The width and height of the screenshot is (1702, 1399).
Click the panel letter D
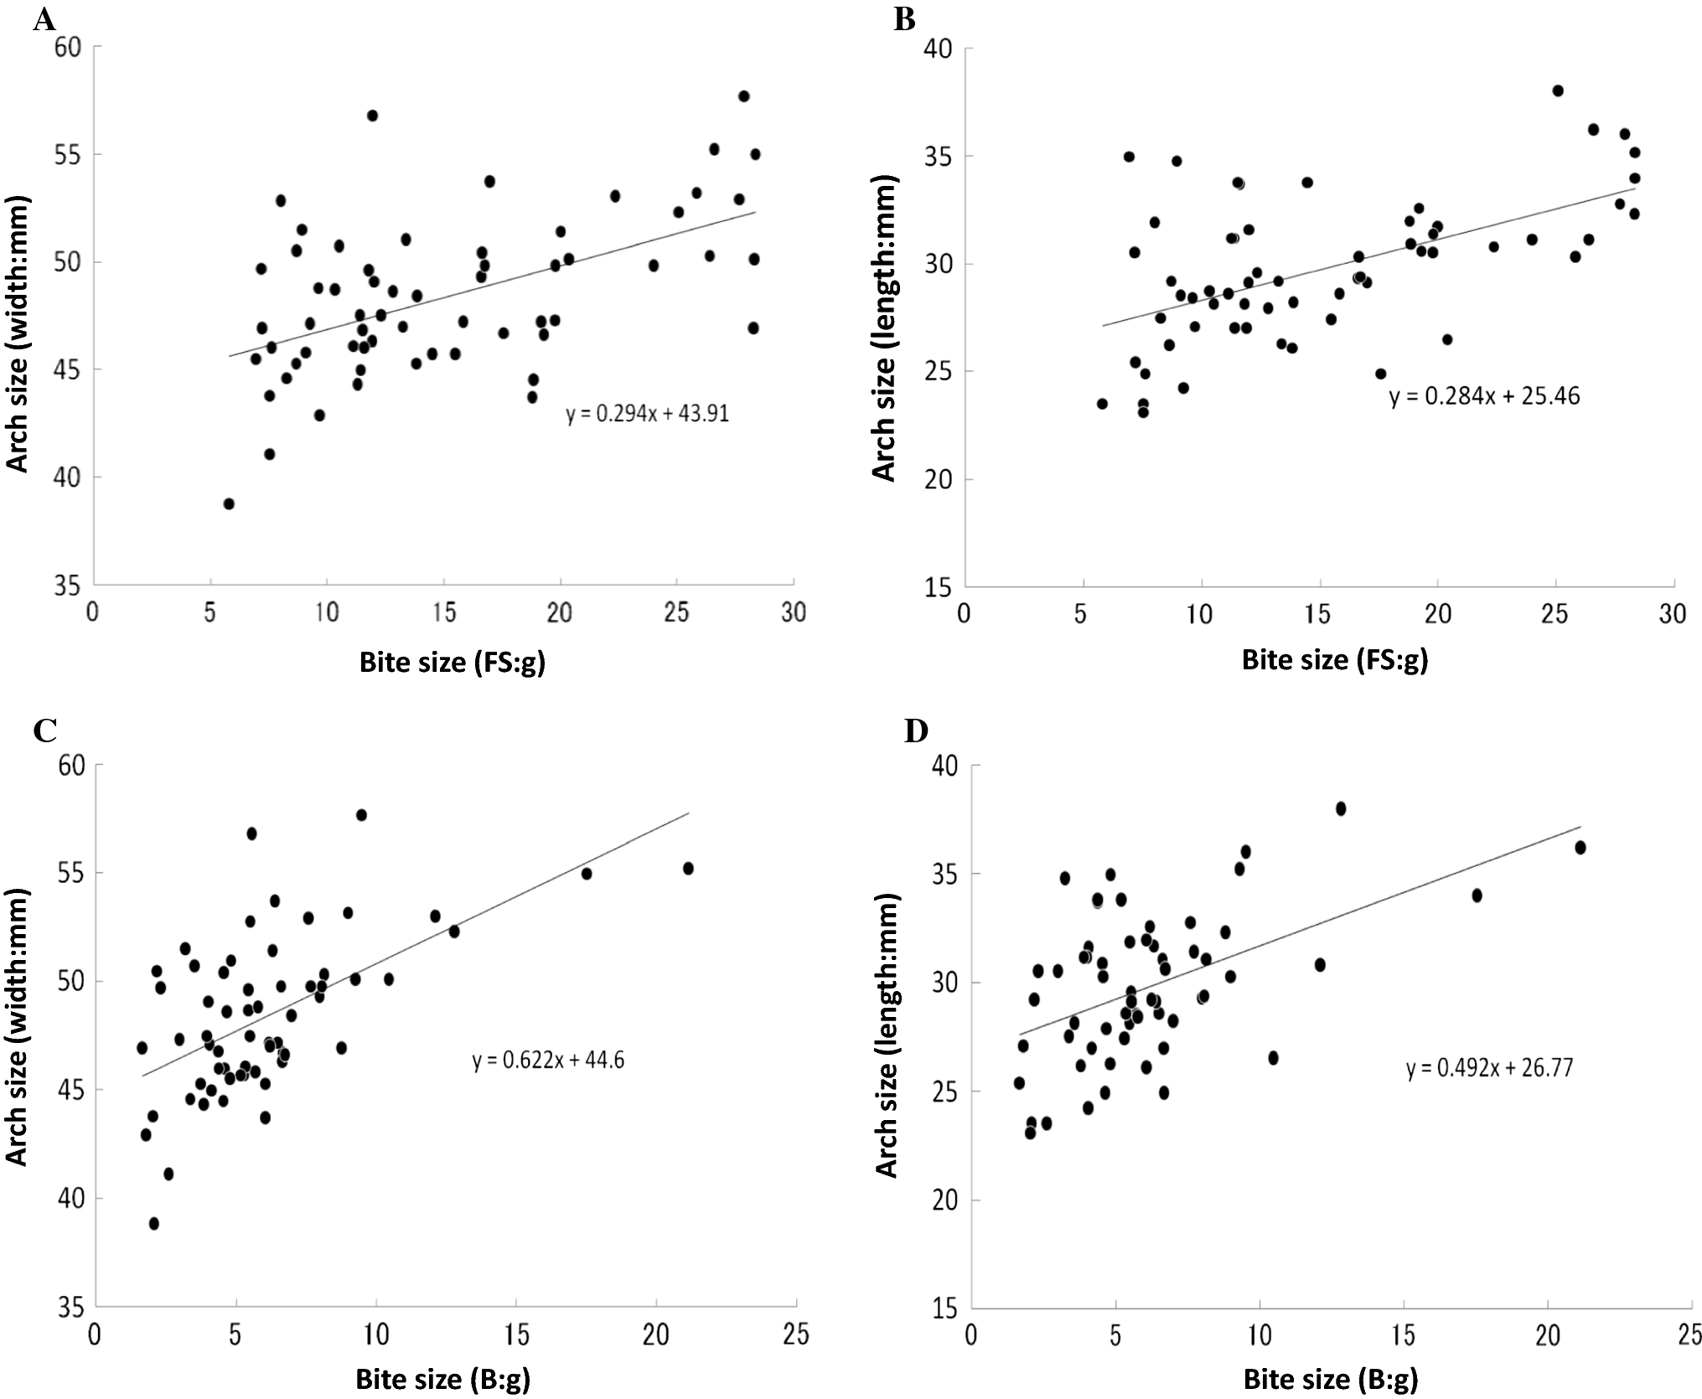917,731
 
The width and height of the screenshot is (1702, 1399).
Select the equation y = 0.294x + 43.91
647,413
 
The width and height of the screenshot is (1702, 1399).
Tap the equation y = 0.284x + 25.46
1484,395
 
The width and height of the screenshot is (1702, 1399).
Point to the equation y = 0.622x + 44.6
548,1061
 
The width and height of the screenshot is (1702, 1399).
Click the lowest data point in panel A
229,503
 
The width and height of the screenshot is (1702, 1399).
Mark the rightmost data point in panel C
688,869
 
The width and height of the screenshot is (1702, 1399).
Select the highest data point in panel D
1341,808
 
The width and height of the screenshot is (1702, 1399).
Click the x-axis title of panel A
452,663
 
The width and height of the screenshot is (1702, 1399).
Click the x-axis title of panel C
442,1379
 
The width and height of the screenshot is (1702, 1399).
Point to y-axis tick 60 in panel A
68,47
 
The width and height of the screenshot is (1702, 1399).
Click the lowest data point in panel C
153,1224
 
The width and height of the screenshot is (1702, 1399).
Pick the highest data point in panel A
743,96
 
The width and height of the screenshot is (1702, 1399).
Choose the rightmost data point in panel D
1580,848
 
